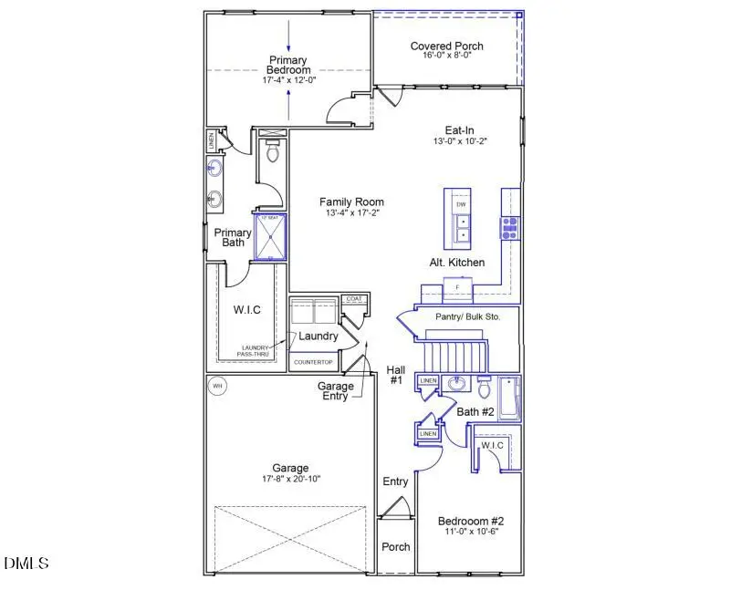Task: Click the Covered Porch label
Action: (x=446, y=46)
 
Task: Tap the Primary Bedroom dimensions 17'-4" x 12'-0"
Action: (x=288, y=80)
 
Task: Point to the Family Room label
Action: (x=351, y=202)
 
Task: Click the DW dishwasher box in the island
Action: (x=461, y=204)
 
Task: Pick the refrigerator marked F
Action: (x=457, y=288)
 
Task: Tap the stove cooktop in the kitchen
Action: (x=509, y=227)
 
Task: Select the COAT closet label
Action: (x=352, y=299)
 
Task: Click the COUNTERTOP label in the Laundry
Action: (x=314, y=362)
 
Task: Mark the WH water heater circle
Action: (x=217, y=386)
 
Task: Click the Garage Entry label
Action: (x=336, y=391)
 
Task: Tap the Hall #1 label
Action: (x=395, y=375)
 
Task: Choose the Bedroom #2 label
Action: (x=471, y=522)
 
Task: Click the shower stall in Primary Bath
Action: (x=270, y=238)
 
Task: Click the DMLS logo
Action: (x=26, y=563)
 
